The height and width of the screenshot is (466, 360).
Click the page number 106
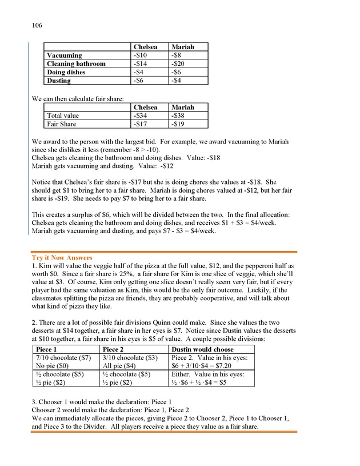[37, 26]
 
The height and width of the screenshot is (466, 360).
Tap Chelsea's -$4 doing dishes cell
[139, 73]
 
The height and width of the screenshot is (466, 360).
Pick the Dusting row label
[59, 81]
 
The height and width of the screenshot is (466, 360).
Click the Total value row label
[63, 115]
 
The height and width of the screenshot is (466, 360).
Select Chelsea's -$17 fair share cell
[141, 124]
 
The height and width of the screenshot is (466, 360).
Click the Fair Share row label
[61, 124]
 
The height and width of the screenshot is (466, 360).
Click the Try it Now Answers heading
[62, 258]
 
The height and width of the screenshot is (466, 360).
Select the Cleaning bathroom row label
[74, 64]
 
